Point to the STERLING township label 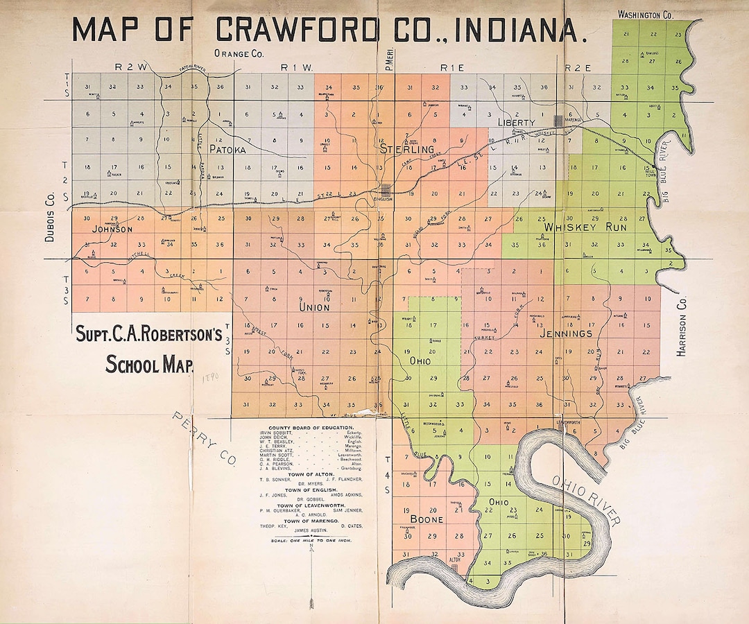pyautogui.click(x=407, y=149)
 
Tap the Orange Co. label pyautogui.click(x=239, y=53)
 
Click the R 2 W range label pyautogui.click(x=132, y=67)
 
